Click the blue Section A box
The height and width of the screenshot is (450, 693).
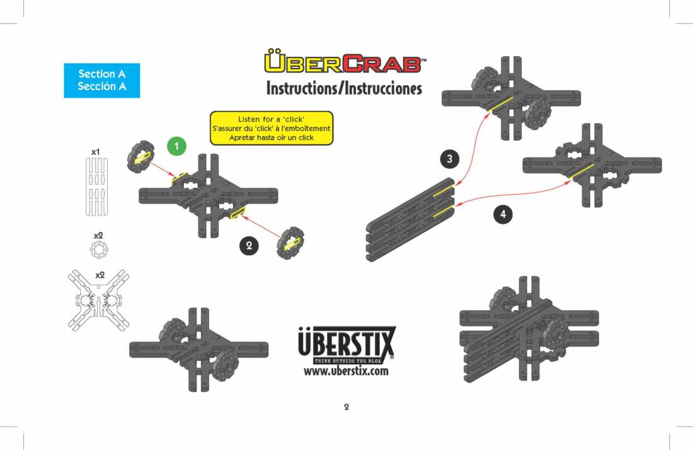102,81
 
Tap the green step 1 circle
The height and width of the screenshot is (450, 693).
177,146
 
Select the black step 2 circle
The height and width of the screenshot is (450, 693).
249,245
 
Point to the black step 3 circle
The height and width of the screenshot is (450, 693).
449,159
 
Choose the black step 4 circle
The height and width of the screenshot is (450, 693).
503,214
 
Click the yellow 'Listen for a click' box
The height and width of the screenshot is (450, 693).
272,128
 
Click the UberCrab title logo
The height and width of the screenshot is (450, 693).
345,61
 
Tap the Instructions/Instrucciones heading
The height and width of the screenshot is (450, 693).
344,88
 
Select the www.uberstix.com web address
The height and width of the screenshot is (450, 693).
346,371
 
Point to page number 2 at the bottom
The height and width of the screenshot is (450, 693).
346,407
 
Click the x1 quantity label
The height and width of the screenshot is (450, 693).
96,152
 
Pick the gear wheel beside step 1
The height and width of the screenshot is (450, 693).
140,156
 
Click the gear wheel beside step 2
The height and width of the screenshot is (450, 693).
290,243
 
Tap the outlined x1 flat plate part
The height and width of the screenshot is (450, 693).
96,187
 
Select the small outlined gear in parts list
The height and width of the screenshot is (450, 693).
98,250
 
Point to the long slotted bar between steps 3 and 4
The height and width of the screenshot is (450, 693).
410,220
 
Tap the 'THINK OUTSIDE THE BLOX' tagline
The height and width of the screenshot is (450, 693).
347,361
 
